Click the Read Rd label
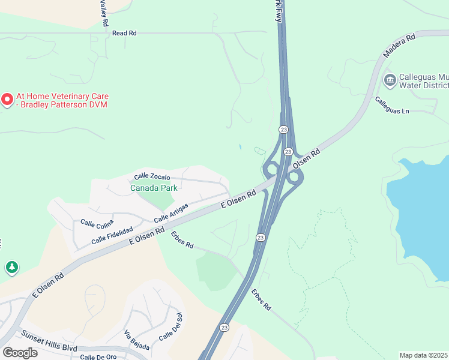tap(124, 33)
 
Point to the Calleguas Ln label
tap(392, 106)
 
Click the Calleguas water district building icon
tap(390, 80)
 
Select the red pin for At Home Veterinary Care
tap(7, 99)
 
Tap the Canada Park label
tap(154, 188)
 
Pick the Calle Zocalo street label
tap(152, 176)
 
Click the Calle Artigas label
tap(171, 212)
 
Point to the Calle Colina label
tap(97, 223)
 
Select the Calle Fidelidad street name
tap(112, 233)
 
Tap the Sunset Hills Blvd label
tap(49, 341)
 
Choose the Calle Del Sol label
tap(170, 326)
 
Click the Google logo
tap(20, 352)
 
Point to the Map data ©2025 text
tap(424, 355)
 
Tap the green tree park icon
tap(11, 267)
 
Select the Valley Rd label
tap(104, 12)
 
